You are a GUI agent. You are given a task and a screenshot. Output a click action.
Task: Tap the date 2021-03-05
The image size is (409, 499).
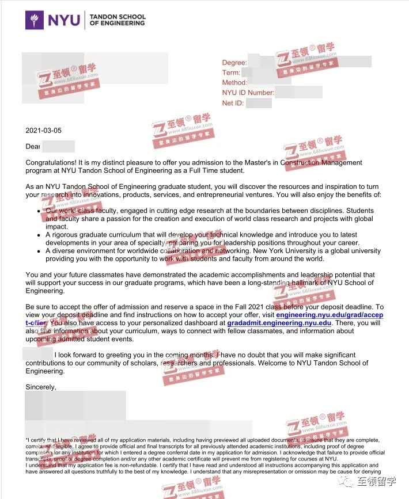[x=43, y=131]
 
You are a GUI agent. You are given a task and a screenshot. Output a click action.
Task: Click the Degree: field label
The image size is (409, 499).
[x=234, y=63]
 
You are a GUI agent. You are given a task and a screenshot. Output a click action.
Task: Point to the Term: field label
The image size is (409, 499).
[x=231, y=73]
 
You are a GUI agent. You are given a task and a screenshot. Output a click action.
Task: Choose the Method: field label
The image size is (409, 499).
[x=234, y=83]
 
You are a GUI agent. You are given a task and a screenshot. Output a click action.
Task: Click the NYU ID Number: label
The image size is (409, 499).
[x=248, y=93]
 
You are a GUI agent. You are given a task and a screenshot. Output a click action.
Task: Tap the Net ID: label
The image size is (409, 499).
[x=233, y=103]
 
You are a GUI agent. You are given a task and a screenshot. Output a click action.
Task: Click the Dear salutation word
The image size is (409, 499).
[x=33, y=147]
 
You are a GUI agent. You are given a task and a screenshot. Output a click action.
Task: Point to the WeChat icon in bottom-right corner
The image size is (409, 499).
[x=354, y=482]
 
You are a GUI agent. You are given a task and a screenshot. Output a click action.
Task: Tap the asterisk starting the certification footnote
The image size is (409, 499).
[x=26, y=440]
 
